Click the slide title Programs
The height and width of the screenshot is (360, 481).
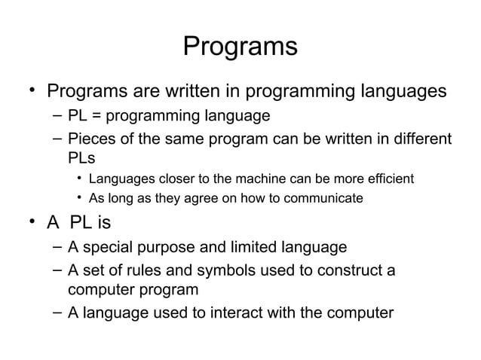pyautogui.click(x=240, y=47)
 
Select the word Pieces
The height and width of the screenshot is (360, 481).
pyautogui.click(x=91, y=139)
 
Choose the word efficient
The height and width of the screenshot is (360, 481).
pyautogui.click(x=388, y=179)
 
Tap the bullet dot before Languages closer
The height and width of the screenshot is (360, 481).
pyautogui.click(x=78, y=179)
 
